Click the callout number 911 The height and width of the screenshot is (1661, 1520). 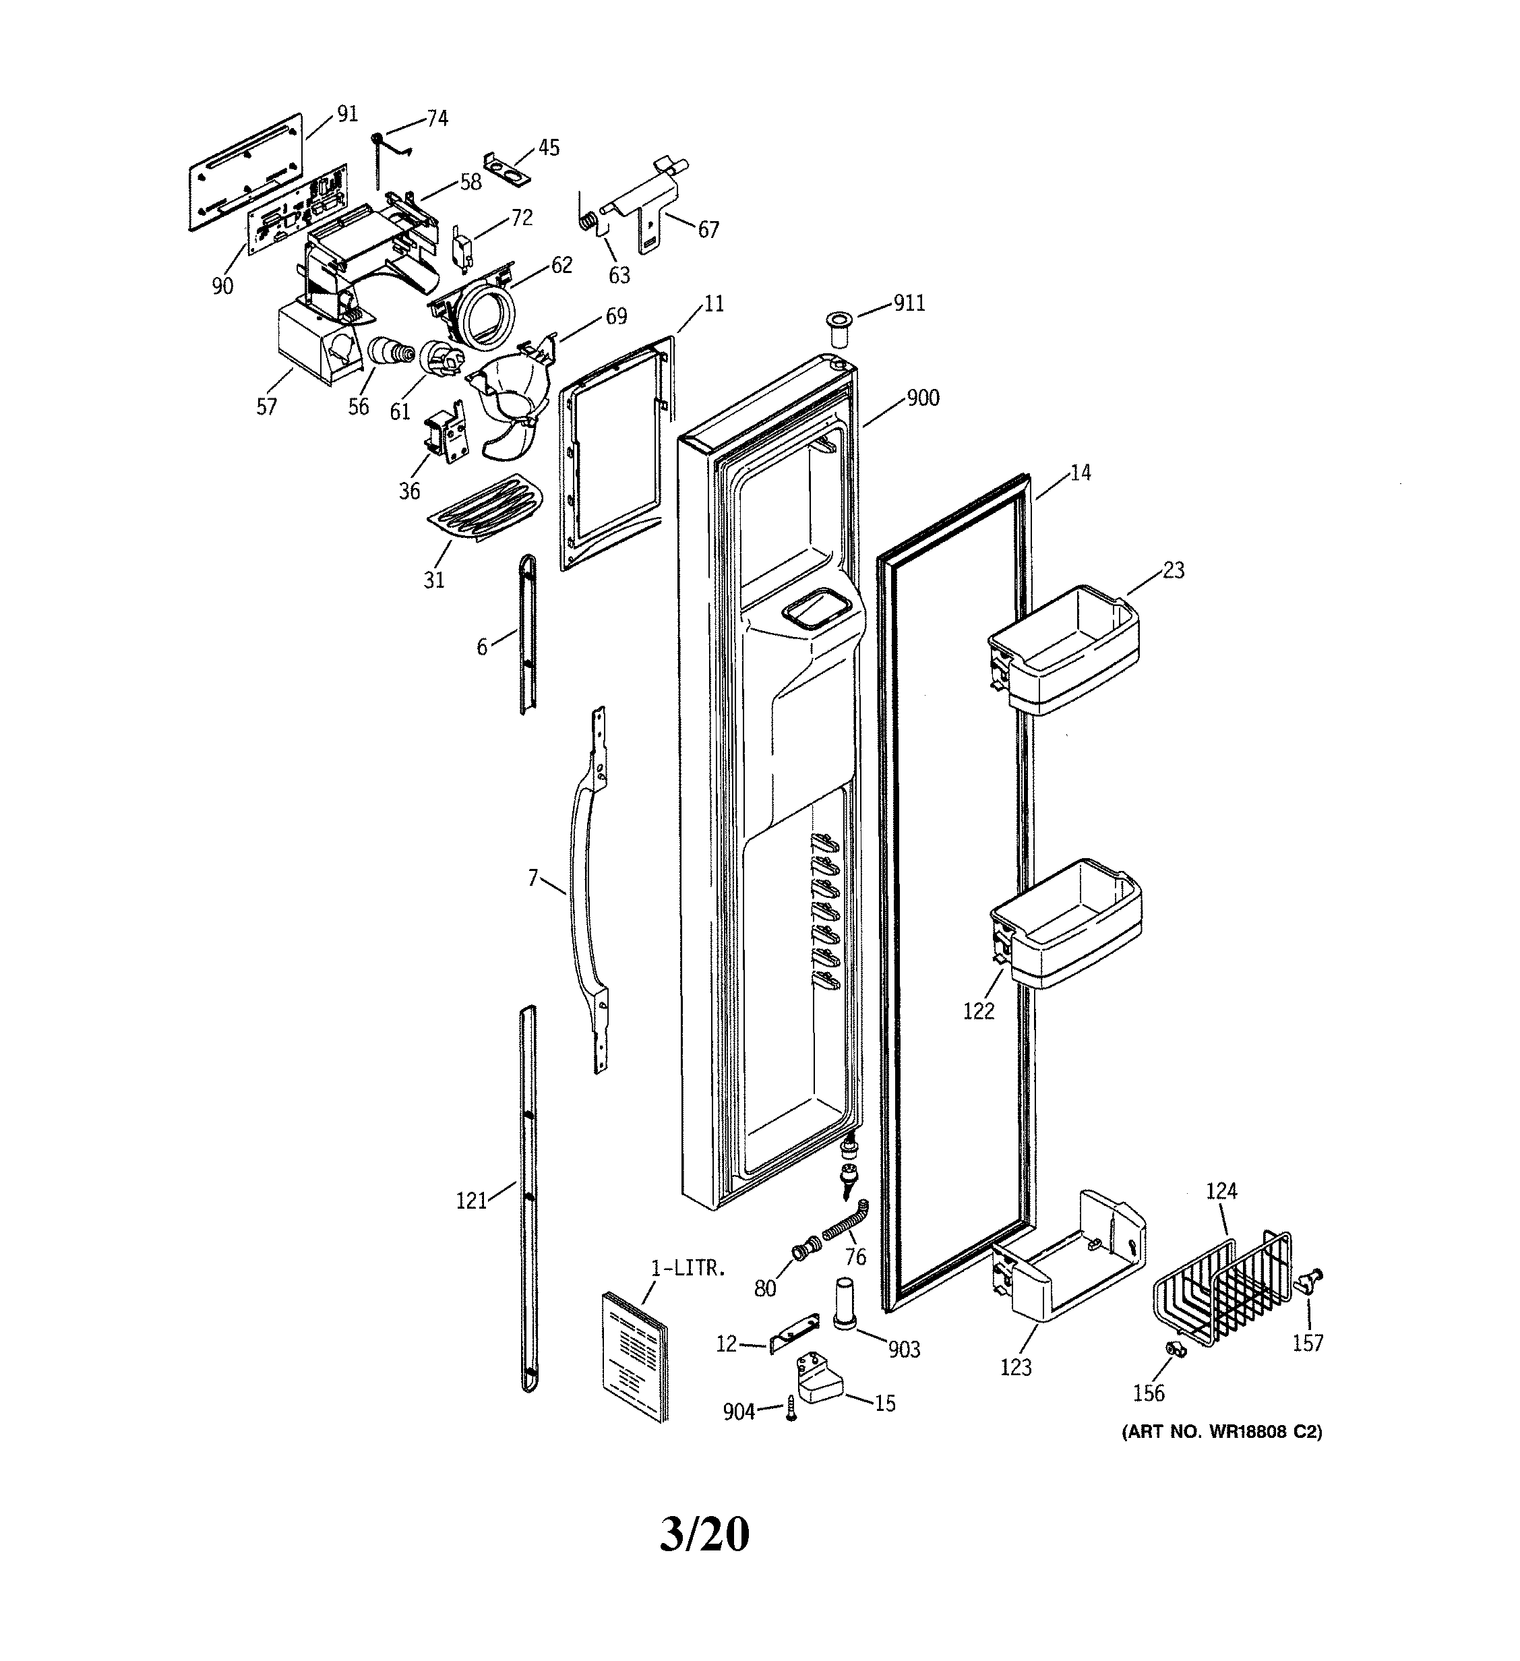tap(909, 304)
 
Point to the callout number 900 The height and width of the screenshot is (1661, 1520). tap(923, 398)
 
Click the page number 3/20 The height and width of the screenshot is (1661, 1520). tap(704, 1534)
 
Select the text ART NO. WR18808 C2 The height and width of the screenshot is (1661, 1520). tap(1222, 1432)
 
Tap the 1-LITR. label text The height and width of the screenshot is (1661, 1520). tap(688, 1269)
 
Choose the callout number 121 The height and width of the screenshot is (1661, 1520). tap(472, 1201)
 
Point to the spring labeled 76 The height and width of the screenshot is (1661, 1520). tap(849, 1228)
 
